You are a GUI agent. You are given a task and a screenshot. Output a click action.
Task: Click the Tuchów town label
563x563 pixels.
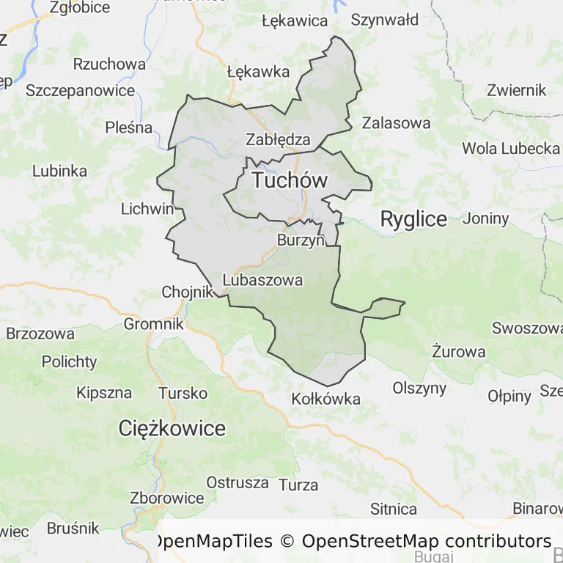point(290,180)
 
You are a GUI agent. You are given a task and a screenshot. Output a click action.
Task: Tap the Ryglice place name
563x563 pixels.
point(413,219)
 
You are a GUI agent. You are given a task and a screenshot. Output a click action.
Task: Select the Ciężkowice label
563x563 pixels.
point(172,428)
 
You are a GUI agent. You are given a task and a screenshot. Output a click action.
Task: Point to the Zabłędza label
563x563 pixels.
point(279,139)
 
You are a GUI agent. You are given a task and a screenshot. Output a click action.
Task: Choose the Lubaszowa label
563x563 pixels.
point(262,280)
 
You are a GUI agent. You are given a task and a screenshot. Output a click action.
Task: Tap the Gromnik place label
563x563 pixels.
point(154,323)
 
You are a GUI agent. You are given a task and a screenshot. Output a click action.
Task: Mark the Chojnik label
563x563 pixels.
point(187,292)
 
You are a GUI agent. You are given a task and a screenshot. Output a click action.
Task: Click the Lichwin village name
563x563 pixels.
point(148,209)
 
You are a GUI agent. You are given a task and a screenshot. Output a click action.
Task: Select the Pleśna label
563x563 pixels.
point(129,128)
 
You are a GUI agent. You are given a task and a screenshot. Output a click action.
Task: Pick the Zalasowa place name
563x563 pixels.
point(397,122)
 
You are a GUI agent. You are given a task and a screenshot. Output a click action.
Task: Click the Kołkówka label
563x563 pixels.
point(326,399)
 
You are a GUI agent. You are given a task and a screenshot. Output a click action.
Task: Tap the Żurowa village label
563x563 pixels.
point(459,351)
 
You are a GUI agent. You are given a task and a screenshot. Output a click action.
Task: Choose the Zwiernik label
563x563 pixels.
point(517,90)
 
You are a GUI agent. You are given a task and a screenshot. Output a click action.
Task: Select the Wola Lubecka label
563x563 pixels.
point(511,148)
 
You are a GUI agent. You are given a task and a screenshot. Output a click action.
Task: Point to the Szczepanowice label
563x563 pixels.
point(81,90)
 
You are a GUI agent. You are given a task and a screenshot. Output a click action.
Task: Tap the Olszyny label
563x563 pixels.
point(420,388)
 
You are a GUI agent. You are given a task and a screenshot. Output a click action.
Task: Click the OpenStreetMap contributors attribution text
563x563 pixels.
point(427,541)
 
